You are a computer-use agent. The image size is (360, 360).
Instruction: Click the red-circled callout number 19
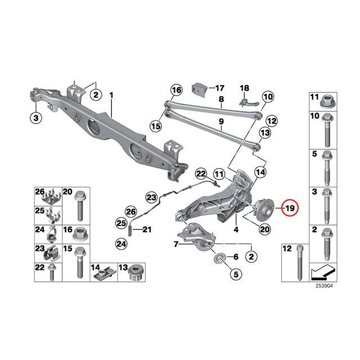coord(290,208)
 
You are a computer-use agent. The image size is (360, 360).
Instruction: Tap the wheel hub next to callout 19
coord(263,209)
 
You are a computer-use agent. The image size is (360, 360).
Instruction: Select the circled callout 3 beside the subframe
coord(36,118)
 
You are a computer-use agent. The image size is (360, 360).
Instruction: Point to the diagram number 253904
coord(324,286)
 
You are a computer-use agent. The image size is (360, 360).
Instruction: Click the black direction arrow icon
coord(323,272)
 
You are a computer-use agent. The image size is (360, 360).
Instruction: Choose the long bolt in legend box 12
coord(300,263)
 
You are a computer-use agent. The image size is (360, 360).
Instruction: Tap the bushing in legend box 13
coord(137,273)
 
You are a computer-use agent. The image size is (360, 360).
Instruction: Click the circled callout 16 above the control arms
coord(177,90)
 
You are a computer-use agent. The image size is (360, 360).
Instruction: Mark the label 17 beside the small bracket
coord(219,88)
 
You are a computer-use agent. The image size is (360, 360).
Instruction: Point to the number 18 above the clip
coord(245,88)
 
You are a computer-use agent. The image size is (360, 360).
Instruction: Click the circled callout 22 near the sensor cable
coord(201,174)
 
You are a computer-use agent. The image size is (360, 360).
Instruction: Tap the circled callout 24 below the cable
coord(121,244)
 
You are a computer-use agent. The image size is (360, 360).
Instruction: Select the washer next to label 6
coord(219,257)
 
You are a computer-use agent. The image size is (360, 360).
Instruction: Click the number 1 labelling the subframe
coord(111,95)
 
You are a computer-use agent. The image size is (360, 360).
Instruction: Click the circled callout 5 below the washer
coord(236,274)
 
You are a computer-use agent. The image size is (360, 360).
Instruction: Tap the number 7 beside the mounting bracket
coord(176,244)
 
